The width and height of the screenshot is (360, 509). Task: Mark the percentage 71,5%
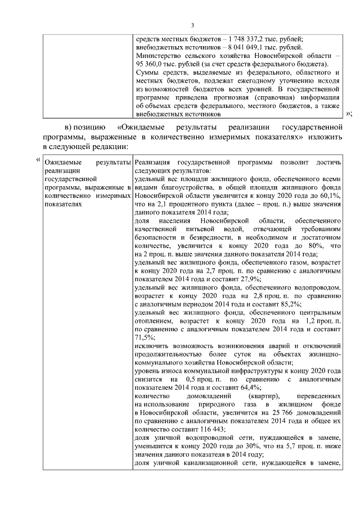coord(145,337)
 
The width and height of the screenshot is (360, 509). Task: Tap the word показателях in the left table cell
coord(62,204)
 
